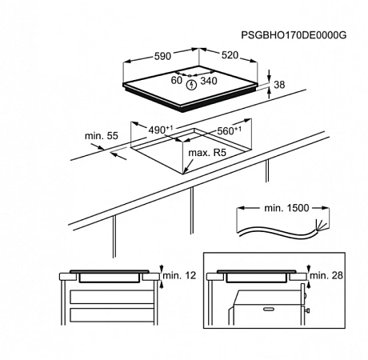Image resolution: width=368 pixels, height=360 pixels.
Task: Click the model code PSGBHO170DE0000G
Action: click(294, 35)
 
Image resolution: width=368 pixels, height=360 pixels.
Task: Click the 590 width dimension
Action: click(162, 56)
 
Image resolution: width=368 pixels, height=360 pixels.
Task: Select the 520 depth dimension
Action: click(230, 55)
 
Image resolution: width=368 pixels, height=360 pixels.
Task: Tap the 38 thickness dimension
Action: click(279, 85)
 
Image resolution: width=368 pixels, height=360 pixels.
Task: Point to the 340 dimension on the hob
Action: click(209, 81)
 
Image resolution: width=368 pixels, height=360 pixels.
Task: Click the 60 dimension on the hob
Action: click(177, 80)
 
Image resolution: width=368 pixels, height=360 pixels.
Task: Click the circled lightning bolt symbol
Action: click(191, 85)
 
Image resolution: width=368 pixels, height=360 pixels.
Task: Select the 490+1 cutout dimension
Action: click(161, 130)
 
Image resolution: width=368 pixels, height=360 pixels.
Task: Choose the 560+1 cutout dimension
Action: click(230, 130)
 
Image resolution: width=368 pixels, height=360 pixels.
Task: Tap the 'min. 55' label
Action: click(102, 136)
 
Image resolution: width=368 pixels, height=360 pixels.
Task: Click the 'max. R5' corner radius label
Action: click(207, 153)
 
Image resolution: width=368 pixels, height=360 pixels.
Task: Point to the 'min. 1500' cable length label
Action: click(286, 208)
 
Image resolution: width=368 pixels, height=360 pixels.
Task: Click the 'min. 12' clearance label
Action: click(179, 275)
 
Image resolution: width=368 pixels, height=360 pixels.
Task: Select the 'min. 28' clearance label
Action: click(326, 275)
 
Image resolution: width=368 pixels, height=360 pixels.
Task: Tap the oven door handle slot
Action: click(270, 309)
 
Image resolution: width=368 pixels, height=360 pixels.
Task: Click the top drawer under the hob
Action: click(112, 297)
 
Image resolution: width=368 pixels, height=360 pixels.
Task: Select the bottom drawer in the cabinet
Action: click(112, 315)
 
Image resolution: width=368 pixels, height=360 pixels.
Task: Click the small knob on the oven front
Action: click(309, 310)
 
